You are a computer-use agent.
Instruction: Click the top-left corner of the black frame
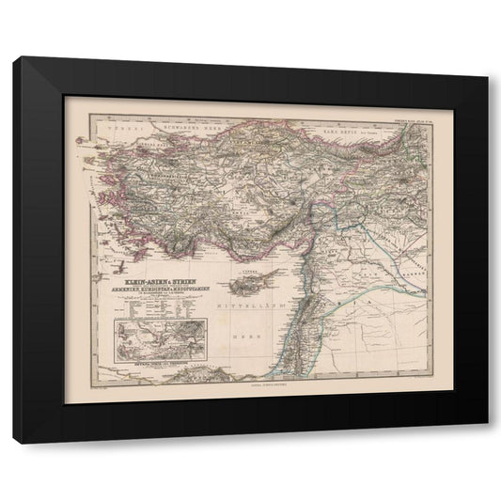click(x=15, y=58)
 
